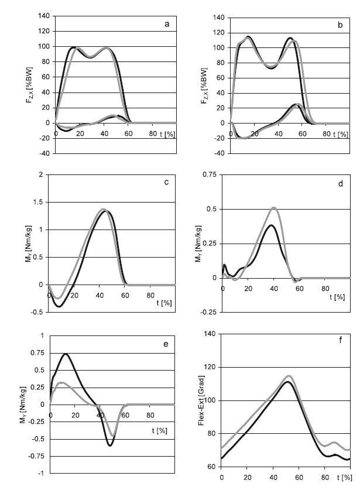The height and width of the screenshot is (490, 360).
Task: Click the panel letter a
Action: tap(167, 25)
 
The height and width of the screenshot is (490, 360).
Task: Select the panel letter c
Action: tap(167, 182)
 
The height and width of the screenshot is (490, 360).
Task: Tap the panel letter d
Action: tap(342, 184)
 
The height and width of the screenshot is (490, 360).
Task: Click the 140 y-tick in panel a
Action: tap(43, 16)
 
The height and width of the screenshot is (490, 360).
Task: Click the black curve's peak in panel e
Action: tap(66, 354)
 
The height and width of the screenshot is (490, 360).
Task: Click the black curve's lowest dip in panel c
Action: tap(59, 306)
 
